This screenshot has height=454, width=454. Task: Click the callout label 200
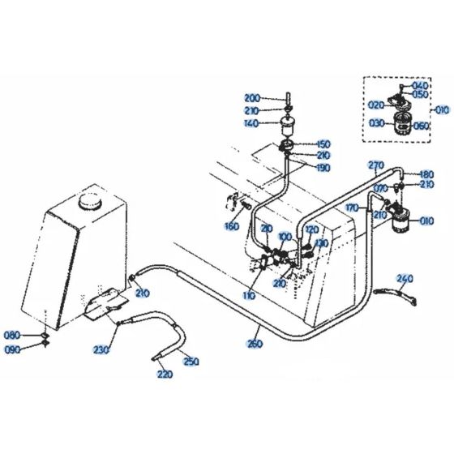point(252,98)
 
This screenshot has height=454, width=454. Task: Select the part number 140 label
point(252,124)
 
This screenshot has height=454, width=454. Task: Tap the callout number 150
point(323,143)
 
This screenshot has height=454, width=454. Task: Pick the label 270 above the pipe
point(375,165)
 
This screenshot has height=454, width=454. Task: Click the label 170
point(352,208)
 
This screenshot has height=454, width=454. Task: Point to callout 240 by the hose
point(405,278)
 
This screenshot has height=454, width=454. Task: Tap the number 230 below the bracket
point(101,349)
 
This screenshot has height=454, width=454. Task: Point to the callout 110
point(248,295)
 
